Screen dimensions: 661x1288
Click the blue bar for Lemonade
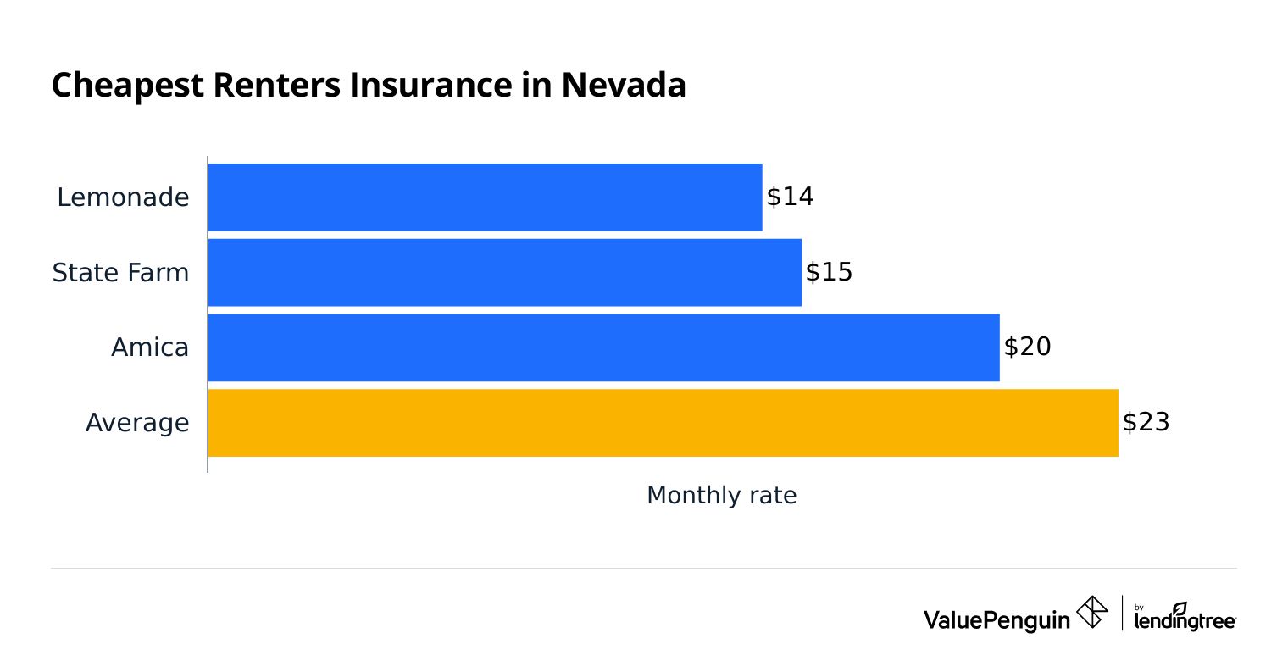coord(485,197)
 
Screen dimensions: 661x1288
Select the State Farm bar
coord(504,272)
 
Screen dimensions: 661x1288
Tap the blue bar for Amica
coord(603,347)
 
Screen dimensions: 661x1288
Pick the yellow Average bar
coord(663,423)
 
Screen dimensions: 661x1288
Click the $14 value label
coord(790,197)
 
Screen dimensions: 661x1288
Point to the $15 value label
coord(829,272)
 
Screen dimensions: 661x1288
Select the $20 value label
coord(1027,347)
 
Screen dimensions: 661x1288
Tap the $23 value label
coord(1146,423)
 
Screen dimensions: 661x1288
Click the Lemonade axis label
coord(123,197)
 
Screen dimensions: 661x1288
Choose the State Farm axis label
coord(120,273)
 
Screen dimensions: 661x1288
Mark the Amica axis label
coord(150,347)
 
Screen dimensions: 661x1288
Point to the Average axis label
coord(137,423)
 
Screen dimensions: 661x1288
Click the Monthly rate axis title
coord(721,496)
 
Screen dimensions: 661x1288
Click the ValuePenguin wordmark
coord(997,620)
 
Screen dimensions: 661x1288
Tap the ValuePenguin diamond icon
coord(1092,613)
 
